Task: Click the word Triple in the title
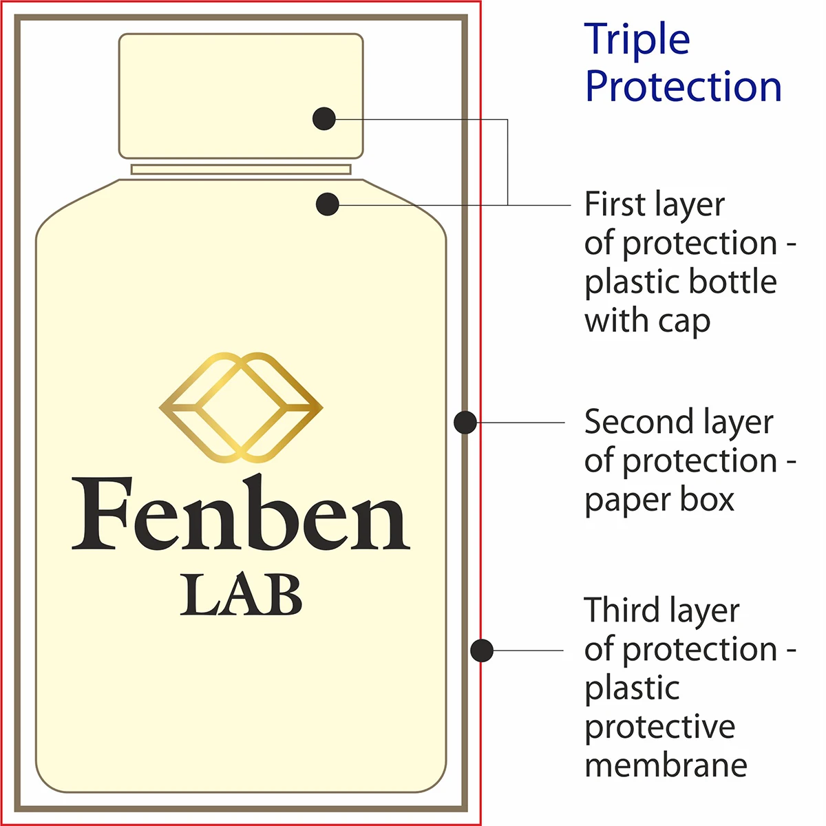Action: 637,40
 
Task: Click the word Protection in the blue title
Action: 684,87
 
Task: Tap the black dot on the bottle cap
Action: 324,118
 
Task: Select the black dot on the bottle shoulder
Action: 328,204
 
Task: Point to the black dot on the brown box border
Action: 465,422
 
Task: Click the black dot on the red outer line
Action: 482,650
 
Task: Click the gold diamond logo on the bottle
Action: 241,407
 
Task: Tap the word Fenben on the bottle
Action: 241,516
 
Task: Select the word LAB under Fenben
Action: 241,596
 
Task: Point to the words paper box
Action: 659,500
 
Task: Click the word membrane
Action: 666,765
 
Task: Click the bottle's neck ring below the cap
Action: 241,169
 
